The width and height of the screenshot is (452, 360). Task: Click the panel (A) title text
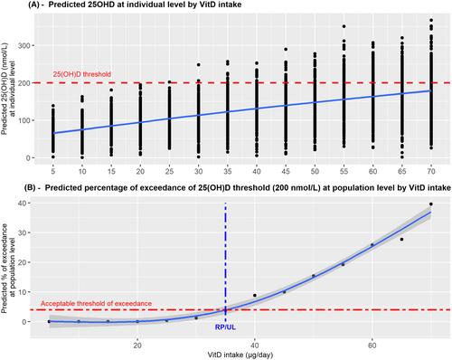135,5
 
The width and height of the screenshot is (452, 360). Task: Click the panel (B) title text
238,188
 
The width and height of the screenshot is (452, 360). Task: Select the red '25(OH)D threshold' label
82,74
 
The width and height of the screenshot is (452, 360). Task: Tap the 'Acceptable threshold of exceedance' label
96,303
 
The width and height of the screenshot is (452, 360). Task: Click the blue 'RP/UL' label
225,327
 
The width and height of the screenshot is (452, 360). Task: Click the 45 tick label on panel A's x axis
286,172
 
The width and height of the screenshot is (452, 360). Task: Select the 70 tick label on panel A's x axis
431,172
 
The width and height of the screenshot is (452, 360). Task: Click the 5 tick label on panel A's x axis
53,172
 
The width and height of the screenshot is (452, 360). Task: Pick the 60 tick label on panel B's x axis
372,346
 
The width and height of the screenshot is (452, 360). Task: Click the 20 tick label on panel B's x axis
137,346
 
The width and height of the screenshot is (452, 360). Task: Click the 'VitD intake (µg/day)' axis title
240,355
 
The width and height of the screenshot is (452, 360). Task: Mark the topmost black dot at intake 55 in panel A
344,26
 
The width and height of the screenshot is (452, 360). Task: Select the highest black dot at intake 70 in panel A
431,20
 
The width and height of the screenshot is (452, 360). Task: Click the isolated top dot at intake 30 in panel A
199,65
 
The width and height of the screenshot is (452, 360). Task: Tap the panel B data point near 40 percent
431,204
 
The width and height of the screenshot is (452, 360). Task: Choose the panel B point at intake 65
401,240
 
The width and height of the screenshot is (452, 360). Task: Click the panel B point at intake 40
255,296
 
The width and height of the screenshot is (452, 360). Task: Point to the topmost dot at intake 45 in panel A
286,49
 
